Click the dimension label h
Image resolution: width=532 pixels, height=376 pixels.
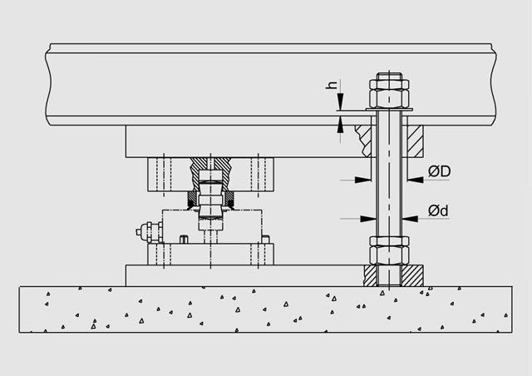pos(332,85)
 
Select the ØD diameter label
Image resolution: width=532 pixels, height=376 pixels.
pos(439,171)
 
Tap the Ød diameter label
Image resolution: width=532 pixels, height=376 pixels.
pos(438,210)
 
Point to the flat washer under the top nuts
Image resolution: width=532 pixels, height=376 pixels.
pos(389,110)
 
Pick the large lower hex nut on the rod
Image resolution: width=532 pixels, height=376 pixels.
pos(389,255)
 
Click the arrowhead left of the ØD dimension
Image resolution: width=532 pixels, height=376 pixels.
pos(363,180)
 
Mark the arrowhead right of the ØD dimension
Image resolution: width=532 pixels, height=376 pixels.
pos(416,180)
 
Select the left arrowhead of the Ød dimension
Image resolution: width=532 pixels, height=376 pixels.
pos(368,219)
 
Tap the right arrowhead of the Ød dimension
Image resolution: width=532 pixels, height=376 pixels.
pos(410,219)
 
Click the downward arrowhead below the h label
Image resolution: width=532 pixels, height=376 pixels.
pos(340,101)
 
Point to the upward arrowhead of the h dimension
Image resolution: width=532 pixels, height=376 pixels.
pos(340,124)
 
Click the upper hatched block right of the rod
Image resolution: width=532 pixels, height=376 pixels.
pos(416,141)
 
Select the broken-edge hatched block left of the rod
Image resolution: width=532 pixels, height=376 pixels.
pos(364,141)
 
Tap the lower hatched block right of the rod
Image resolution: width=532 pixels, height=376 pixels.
pos(412,275)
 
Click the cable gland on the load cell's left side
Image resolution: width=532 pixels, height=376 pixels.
pos(150,231)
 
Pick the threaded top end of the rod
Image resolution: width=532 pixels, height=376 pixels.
pos(389,77)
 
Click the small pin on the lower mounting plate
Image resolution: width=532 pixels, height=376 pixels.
pos(184,239)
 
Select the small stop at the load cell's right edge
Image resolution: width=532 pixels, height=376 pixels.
pos(266,239)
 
